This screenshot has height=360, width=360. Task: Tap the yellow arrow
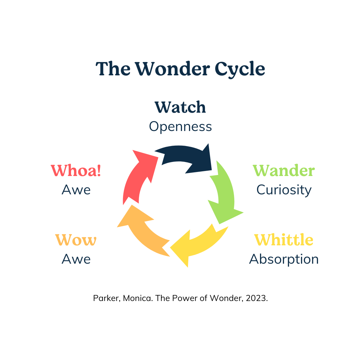[200, 245]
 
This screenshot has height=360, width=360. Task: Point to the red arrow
[137, 177]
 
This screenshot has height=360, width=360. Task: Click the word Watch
[180, 107]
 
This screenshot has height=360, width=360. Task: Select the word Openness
[180, 127]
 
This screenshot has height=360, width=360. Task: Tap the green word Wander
[284, 171]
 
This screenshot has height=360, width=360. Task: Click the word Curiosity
[284, 190]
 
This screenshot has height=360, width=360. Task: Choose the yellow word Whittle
[284, 240]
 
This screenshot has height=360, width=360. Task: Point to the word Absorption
[284, 259]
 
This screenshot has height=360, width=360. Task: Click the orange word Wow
[76, 240]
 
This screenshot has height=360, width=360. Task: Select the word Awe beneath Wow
[76, 259]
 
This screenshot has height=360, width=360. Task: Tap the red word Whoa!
[76, 171]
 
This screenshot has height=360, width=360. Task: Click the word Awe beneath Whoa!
[76, 190]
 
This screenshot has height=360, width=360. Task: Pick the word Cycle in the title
[240, 69]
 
